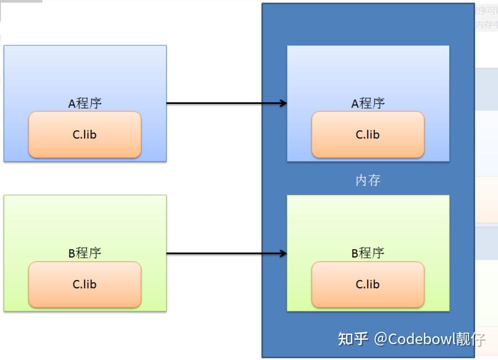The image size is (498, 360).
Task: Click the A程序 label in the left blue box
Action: click(x=85, y=103)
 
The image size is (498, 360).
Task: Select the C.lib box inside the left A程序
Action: click(x=85, y=135)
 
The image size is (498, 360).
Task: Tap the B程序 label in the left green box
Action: click(x=85, y=253)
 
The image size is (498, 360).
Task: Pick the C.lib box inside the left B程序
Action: click(x=85, y=284)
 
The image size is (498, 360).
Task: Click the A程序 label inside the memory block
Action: click(x=368, y=103)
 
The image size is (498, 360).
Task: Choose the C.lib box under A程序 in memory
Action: click(x=368, y=135)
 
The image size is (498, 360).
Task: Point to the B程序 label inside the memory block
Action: click(x=368, y=253)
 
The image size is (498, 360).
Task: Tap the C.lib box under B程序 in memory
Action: click(x=368, y=284)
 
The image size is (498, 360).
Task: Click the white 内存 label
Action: click(x=368, y=180)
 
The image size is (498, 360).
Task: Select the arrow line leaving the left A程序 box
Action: click(x=220, y=103)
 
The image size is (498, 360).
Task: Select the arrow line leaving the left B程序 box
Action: click(x=220, y=253)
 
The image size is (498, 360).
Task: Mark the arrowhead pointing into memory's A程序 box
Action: click(x=283, y=103)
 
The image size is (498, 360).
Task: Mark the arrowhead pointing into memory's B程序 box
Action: click(x=283, y=253)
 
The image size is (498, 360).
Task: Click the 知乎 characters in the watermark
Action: click(x=353, y=339)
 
